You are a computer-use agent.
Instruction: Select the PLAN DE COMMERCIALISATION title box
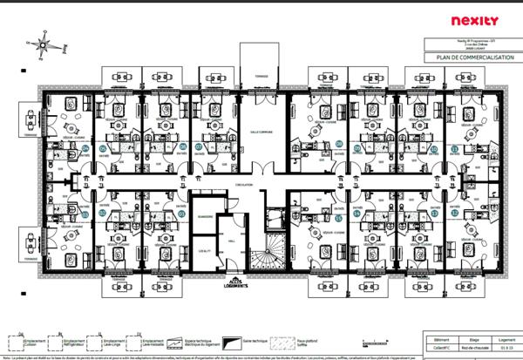pos(467,58)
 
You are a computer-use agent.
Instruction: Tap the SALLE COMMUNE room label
pos(261,131)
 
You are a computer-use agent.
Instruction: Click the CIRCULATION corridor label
pos(245,186)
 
